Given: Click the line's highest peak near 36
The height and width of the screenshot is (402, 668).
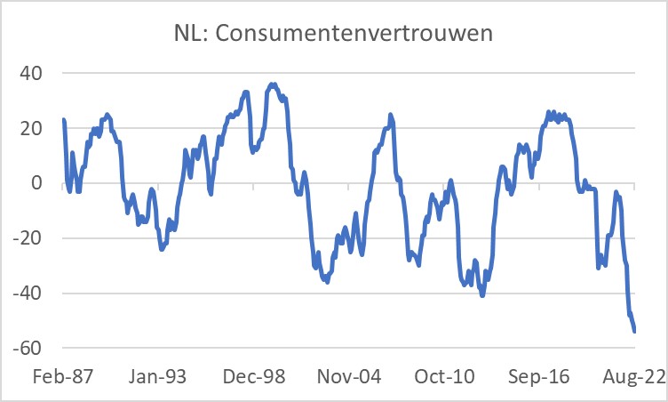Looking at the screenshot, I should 273,84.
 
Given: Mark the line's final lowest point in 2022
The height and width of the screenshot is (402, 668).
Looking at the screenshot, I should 635,332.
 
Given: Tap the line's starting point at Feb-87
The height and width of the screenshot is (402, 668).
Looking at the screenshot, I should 63,119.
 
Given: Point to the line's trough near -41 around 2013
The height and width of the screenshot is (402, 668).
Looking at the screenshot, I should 482,295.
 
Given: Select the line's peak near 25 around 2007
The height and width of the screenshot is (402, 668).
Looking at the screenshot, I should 391,115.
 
